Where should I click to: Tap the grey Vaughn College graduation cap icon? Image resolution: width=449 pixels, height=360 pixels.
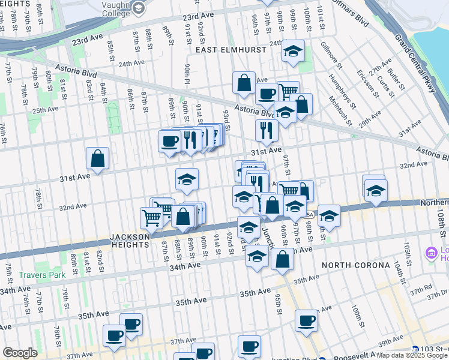[139, 7]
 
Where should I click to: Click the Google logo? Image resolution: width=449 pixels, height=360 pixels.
[20, 352]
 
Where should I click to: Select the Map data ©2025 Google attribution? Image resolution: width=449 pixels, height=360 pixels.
[412, 355]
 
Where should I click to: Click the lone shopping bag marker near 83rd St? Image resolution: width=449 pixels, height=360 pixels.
[97, 159]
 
